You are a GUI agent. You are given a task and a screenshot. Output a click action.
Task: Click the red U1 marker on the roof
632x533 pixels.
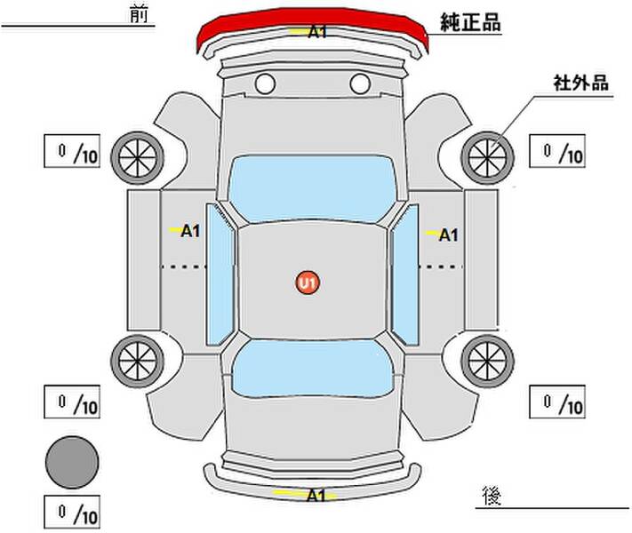pyautogui.click(x=308, y=282)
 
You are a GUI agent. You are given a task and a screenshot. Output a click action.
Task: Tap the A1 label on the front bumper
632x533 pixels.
pyautogui.click(x=316, y=32)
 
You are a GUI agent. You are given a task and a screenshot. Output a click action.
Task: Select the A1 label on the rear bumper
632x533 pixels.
pyautogui.click(x=316, y=495)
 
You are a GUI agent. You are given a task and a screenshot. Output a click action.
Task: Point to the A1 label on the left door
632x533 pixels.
pyautogui.click(x=190, y=231)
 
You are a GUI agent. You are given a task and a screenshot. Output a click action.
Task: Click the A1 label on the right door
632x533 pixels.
pyautogui.click(x=448, y=235)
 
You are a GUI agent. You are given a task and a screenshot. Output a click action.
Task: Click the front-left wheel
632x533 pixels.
pyautogui.click(x=138, y=158)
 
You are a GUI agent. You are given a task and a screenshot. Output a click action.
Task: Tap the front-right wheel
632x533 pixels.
pyautogui.click(x=487, y=158)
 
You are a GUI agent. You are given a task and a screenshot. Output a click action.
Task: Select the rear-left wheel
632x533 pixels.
pyautogui.click(x=138, y=361)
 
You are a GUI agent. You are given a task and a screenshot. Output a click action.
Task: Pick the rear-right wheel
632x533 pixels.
pyautogui.click(x=487, y=361)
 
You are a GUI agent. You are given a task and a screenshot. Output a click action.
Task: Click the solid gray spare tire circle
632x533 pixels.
pyautogui.click(x=72, y=463)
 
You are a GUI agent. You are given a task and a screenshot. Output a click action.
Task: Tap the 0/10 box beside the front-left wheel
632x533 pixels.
pyautogui.click(x=72, y=151)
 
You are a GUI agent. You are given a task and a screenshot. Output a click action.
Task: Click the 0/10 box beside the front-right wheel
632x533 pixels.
pyautogui.click(x=557, y=151)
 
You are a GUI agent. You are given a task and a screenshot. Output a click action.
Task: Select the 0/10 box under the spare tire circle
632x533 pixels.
pyautogui.click(x=72, y=512)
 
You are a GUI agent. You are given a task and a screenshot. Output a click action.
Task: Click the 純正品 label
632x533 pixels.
pyautogui.click(x=470, y=22)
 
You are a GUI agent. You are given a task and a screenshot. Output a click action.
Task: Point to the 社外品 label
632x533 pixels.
pyautogui.click(x=580, y=83)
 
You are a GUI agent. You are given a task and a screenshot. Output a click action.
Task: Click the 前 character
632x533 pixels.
pyautogui.click(x=139, y=15)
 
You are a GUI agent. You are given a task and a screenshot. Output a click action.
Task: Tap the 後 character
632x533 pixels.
pyautogui.click(x=492, y=496)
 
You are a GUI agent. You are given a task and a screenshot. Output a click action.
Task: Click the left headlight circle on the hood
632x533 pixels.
pyautogui.click(x=265, y=84)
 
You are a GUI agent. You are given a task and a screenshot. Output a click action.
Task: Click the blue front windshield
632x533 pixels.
pyautogui.click(x=312, y=188)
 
